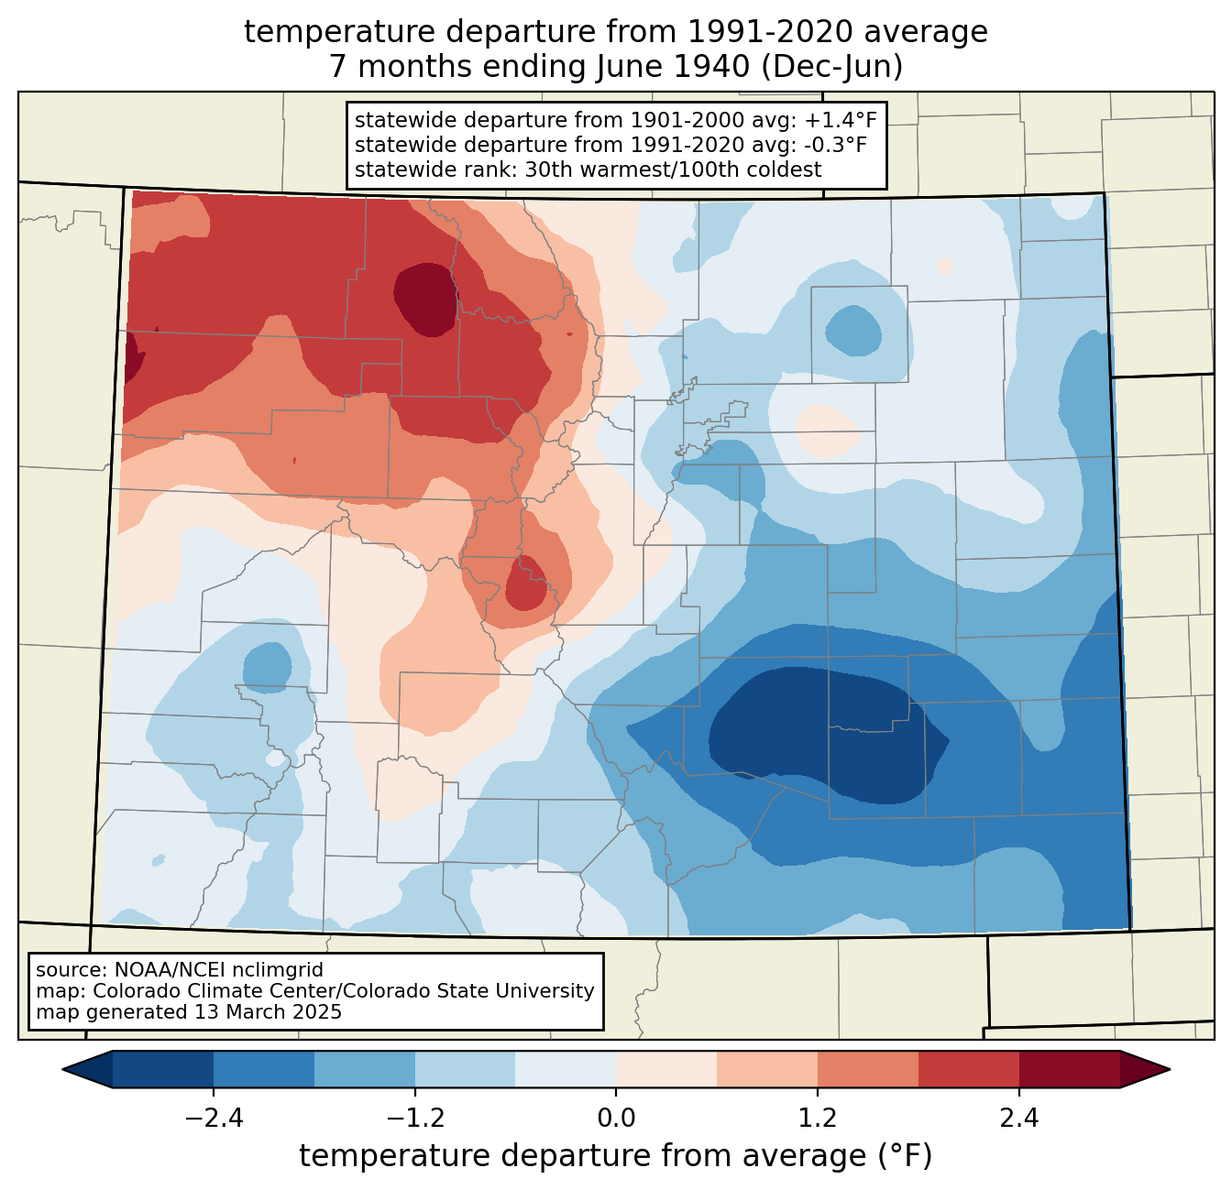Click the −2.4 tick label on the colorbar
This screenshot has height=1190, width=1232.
214,1119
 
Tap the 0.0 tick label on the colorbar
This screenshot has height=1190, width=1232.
616,1119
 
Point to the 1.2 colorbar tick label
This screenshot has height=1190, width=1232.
818,1119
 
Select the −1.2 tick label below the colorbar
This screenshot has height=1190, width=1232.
415,1119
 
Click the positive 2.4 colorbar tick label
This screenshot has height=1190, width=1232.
1018,1119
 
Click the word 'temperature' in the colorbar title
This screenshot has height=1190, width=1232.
381,1156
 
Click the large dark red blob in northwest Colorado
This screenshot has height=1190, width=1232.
425,299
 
